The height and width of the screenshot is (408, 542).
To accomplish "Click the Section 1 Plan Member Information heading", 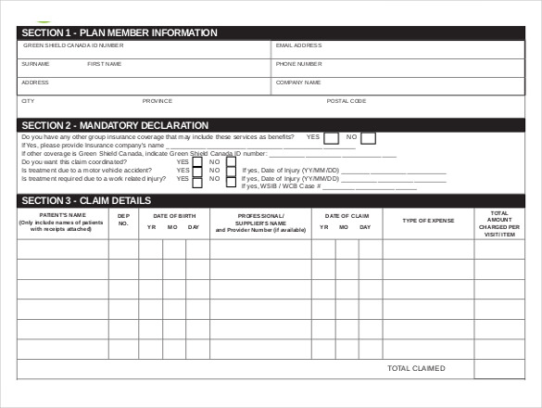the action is [119, 32].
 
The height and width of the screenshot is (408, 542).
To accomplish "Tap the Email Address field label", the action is [298, 45].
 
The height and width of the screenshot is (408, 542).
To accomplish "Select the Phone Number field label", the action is [298, 64].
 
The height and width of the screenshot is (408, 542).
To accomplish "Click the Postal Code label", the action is [347, 100].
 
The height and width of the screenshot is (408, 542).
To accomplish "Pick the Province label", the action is [157, 100].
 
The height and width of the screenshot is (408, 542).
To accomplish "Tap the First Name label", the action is [104, 64].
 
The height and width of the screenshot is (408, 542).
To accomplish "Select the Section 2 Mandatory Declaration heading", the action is [115, 125].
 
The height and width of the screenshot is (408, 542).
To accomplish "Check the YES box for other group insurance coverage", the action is [331, 138].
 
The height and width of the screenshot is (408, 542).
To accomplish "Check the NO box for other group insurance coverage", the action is [368, 138].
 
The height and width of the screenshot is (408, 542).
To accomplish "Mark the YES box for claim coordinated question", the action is [197, 161].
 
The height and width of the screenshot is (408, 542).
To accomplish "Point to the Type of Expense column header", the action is [428, 221].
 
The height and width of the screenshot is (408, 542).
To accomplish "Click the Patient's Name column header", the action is [62, 222].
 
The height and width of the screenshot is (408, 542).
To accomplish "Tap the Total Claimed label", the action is [416, 368].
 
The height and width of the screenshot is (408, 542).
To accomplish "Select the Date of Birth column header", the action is [174, 215].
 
